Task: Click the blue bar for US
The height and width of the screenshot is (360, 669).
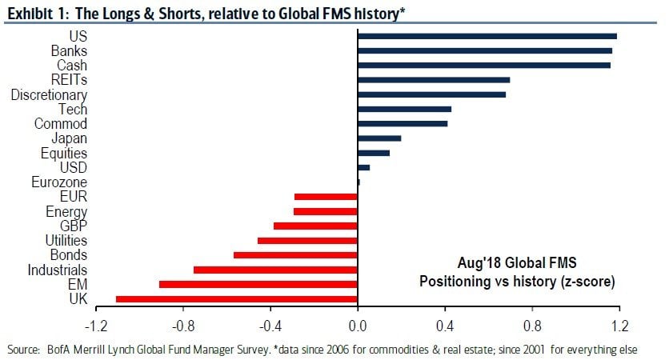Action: click(487, 36)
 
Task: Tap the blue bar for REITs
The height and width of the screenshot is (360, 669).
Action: click(433, 80)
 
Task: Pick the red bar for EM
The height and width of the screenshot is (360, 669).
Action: click(258, 284)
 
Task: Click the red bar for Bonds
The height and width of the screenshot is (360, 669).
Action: click(295, 255)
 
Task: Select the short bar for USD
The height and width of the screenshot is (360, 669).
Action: click(363, 167)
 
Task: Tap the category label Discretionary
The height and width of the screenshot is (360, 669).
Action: click(49, 95)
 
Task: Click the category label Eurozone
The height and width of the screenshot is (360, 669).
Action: click(61, 182)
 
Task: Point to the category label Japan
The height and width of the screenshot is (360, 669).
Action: click(70, 138)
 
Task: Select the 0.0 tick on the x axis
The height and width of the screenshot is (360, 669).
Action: click(357, 326)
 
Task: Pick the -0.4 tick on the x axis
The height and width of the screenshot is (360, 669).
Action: click(270, 326)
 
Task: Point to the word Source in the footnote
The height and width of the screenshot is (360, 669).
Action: click(25, 350)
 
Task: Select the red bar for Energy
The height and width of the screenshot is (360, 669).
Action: click(325, 211)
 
